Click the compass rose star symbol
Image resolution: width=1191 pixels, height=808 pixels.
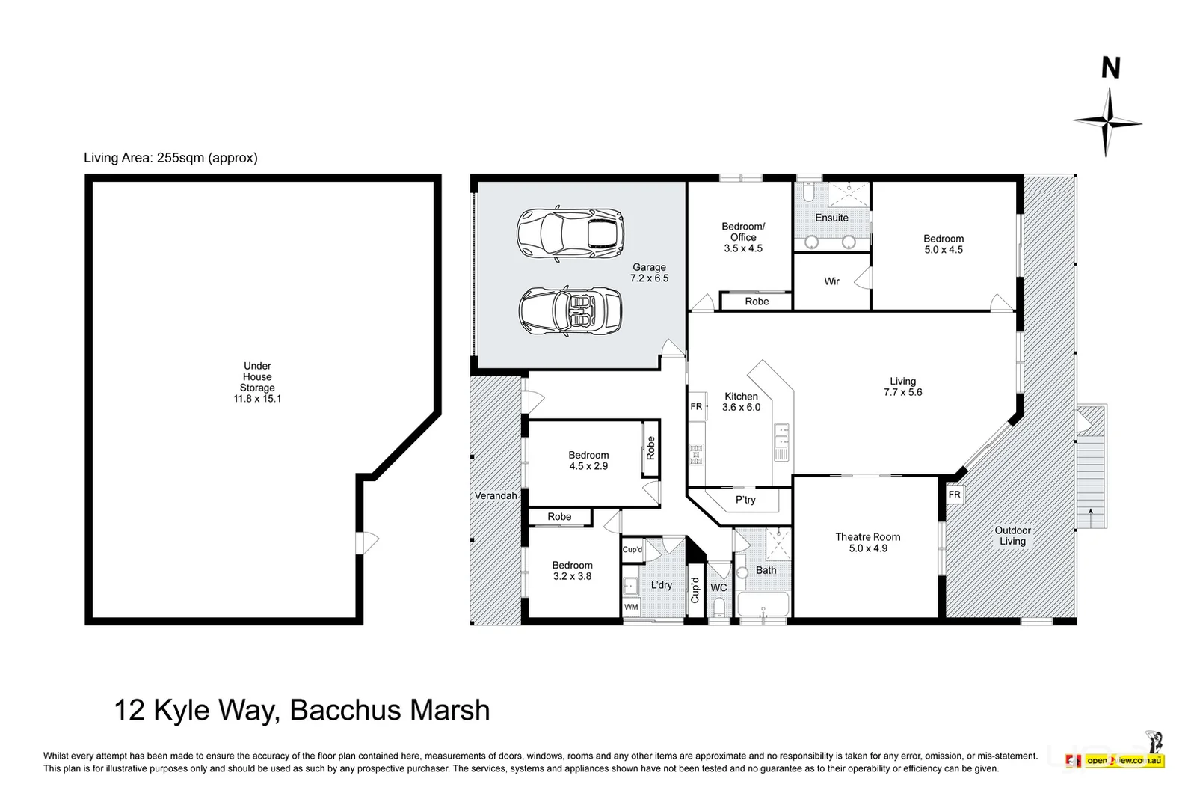(1107, 121)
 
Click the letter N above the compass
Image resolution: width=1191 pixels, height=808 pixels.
(1110, 69)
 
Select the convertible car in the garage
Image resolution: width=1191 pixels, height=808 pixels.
(570, 312)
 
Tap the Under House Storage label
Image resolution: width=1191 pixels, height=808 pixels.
(257, 382)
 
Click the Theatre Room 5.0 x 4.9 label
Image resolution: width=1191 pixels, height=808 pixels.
(867, 542)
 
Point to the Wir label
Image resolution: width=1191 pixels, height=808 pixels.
(831, 281)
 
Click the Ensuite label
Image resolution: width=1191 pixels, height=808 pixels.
(831, 218)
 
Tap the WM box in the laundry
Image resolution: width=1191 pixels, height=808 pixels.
(631, 607)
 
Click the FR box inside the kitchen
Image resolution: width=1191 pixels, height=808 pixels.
(696, 406)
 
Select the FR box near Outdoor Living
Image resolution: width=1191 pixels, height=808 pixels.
(954, 495)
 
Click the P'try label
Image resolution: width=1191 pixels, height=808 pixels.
(745, 500)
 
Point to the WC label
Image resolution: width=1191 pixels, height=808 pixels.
(718, 587)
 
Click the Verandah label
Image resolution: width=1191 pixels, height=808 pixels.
(496, 495)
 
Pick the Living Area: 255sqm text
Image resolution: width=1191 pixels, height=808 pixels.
(170, 158)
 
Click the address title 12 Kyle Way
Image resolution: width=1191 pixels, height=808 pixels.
(301, 709)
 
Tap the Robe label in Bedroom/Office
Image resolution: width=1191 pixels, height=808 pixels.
(757, 302)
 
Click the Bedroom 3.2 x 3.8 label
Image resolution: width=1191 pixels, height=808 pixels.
(572, 571)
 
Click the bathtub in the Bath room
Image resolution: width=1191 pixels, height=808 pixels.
(762, 605)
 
